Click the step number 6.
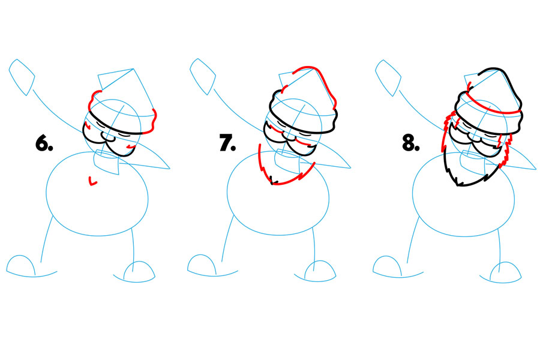tap(44, 143)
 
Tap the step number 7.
tap(227, 143)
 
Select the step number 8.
tap(411, 143)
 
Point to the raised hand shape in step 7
tap(203, 76)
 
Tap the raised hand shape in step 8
tap(388, 78)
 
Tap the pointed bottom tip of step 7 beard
tap(272, 184)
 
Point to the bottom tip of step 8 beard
tap(458, 185)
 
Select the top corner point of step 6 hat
tap(133, 69)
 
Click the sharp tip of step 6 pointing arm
tap(170, 169)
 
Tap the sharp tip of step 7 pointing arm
tap(350, 168)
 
